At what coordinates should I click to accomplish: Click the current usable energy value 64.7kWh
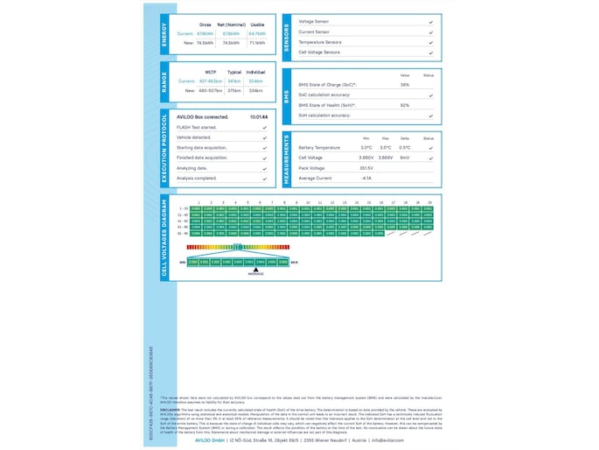click(x=257, y=33)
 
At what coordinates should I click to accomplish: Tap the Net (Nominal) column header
click(x=232, y=25)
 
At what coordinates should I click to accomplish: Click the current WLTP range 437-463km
click(x=212, y=81)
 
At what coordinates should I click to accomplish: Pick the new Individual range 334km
click(x=256, y=90)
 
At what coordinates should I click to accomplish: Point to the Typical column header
click(x=233, y=72)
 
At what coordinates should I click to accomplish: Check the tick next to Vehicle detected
click(x=264, y=137)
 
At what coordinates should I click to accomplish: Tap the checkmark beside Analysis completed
click(x=264, y=178)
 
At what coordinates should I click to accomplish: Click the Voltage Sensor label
click(x=314, y=20)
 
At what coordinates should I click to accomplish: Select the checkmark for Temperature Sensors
click(x=431, y=41)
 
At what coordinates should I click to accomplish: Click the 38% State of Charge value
click(x=405, y=85)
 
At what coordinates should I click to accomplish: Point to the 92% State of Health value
click(x=405, y=105)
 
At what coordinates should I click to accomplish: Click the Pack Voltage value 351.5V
click(x=366, y=167)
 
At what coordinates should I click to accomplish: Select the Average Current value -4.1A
click(x=366, y=178)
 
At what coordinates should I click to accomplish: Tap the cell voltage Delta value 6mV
click(x=405, y=158)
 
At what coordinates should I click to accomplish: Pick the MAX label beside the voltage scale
click(x=294, y=261)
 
